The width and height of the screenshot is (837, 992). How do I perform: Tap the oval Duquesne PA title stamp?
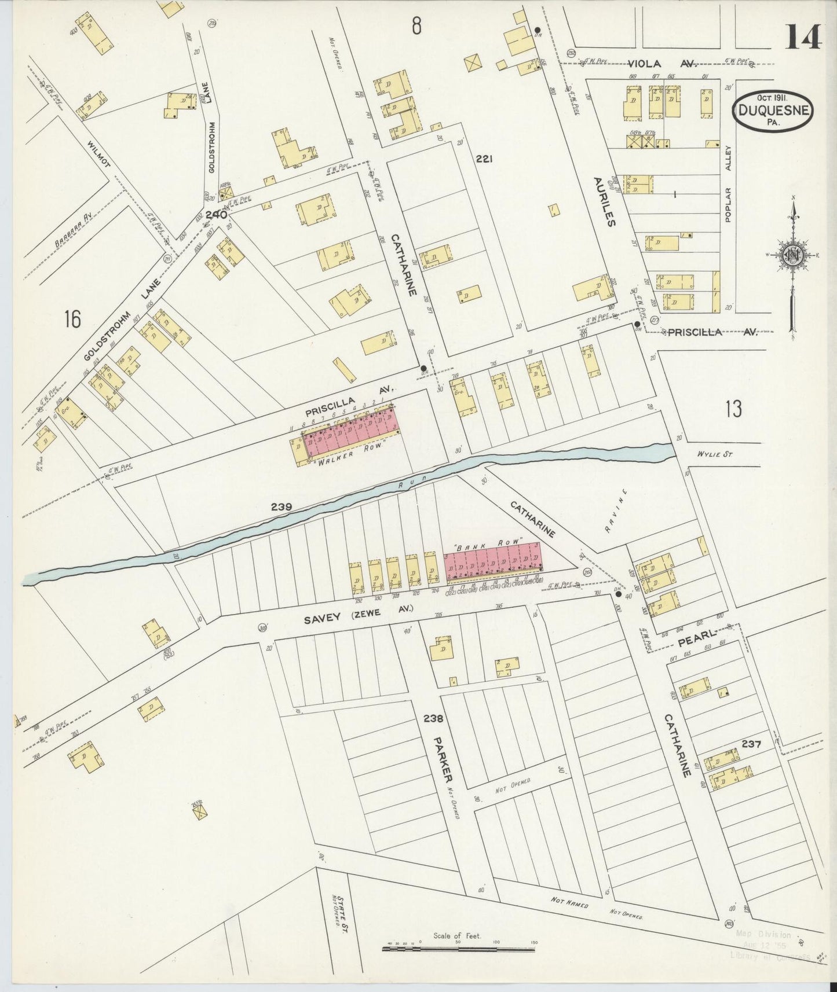click(772, 110)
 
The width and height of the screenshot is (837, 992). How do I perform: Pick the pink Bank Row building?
click(492, 561)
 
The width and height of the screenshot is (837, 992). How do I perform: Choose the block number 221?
click(484, 159)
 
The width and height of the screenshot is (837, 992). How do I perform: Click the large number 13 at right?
click(732, 409)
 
